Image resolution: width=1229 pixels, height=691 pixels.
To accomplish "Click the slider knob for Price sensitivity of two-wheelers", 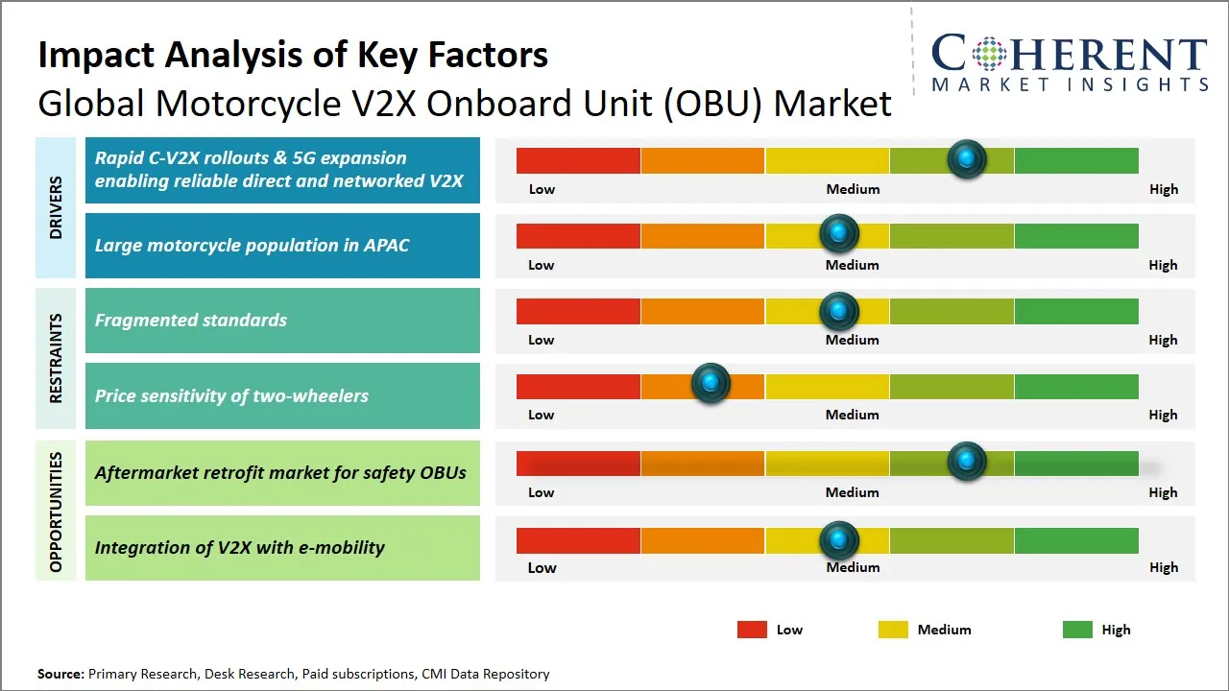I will click(x=711, y=384).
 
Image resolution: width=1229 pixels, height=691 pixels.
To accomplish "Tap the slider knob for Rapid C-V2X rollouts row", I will click(x=966, y=158).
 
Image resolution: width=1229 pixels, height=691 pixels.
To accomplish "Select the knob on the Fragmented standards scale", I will click(x=838, y=310).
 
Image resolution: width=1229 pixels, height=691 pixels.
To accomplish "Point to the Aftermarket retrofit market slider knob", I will click(x=966, y=461).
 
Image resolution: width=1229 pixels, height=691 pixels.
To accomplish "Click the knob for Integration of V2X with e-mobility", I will click(x=838, y=540).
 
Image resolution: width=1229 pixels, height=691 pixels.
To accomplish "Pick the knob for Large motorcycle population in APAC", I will click(x=838, y=233).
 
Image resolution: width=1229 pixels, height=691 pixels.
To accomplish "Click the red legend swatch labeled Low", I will click(x=752, y=630).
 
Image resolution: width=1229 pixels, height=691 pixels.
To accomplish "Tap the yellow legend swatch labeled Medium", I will click(x=893, y=630).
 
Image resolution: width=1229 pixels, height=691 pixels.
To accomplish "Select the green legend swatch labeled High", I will click(x=1077, y=630).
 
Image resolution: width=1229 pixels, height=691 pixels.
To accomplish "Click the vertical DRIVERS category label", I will click(x=55, y=207).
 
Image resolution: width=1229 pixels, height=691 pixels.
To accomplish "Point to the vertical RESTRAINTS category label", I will click(x=55, y=358).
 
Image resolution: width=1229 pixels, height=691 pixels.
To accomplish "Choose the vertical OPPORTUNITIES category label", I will click(x=55, y=512).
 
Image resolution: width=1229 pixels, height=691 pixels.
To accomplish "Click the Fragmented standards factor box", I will click(x=282, y=321).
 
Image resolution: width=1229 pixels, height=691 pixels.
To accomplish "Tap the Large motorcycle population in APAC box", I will click(x=282, y=246).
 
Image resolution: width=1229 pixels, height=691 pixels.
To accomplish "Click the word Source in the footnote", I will click(x=60, y=674).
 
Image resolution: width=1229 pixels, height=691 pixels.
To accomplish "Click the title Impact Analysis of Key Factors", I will click(x=293, y=55).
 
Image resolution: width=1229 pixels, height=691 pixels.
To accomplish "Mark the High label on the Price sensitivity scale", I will click(x=1163, y=415).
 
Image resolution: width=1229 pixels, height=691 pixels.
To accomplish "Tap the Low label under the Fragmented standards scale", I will click(x=542, y=340).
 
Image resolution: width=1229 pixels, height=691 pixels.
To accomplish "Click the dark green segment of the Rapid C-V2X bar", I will click(x=1075, y=160).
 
